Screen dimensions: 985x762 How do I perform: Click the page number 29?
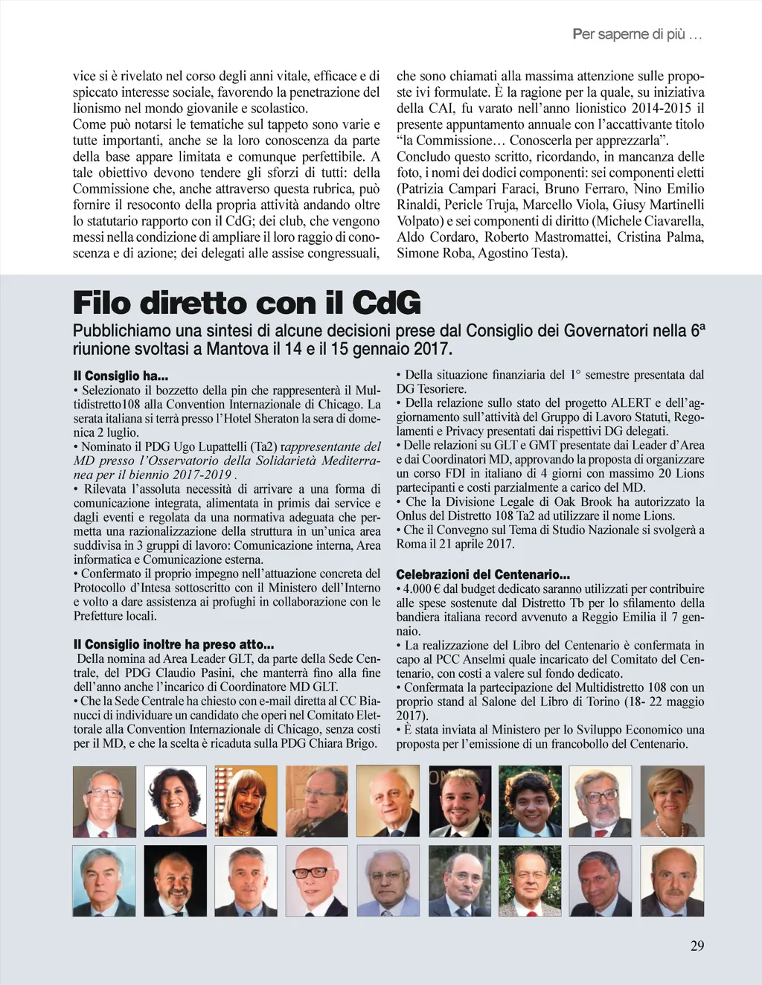[697, 946]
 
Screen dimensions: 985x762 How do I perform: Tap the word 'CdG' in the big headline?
[385, 304]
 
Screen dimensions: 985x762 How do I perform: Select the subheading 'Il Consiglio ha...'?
[121, 376]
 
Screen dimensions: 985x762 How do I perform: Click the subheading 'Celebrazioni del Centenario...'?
[483, 574]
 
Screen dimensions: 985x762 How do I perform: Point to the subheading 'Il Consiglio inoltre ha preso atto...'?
[173, 644]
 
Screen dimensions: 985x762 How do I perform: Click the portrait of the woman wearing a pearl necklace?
[672, 801]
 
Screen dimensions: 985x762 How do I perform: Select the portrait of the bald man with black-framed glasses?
[317, 881]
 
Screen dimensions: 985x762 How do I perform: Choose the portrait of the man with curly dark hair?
[530, 801]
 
